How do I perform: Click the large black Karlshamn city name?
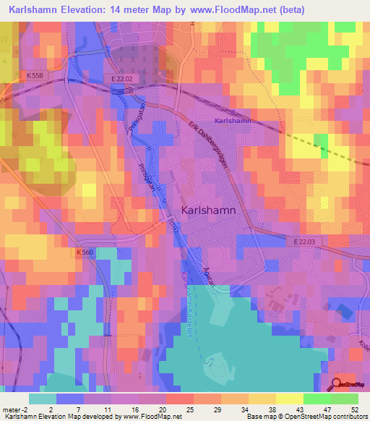click(x=207, y=210)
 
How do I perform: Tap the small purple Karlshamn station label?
click(x=233, y=121)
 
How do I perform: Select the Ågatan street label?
click(x=210, y=277)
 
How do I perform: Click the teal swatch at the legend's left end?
click(x=43, y=399)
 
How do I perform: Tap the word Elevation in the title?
click(x=87, y=10)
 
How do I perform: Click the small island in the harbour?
click(x=214, y=360)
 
